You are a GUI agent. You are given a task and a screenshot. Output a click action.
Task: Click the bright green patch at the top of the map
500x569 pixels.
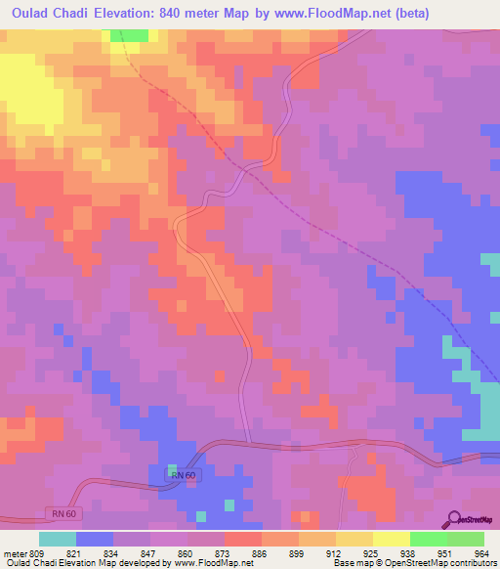(x=130, y=35)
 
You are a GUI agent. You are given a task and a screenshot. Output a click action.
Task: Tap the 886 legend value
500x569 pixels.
(x=232, y=552)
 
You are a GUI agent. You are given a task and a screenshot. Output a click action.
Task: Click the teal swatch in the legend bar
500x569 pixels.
(x=58, y=539)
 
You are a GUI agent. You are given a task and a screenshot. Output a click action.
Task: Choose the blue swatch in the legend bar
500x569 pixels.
(x=95, y=539)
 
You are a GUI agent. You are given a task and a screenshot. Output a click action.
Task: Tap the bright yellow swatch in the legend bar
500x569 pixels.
(x=392, y=539)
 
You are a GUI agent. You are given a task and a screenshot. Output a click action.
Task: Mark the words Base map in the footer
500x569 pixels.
(x=347, y=564)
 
